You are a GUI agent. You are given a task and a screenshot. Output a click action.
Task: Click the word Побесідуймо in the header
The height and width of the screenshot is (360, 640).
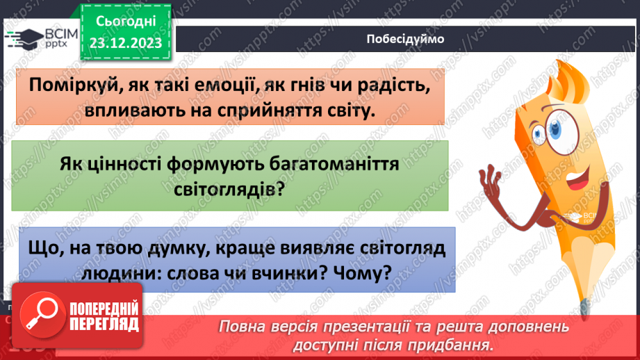click(404, 39)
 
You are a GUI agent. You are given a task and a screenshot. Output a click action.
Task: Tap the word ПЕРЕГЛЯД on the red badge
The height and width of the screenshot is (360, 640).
click(106, 325)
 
